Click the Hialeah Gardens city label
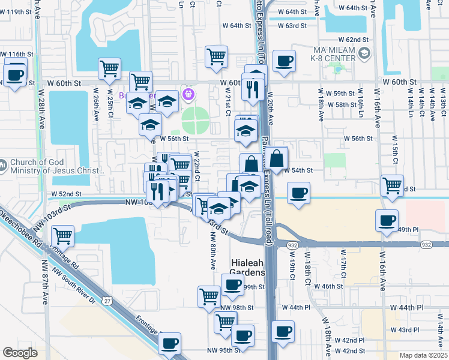point(248,268)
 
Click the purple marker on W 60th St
point(188,93)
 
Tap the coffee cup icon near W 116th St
point(15,75)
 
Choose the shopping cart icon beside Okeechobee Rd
point(62,236)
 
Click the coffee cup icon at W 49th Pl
point(387,220)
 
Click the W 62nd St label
point(356,39)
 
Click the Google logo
point(20,353)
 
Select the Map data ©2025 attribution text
point(423,355)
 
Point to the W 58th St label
point(345,104)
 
